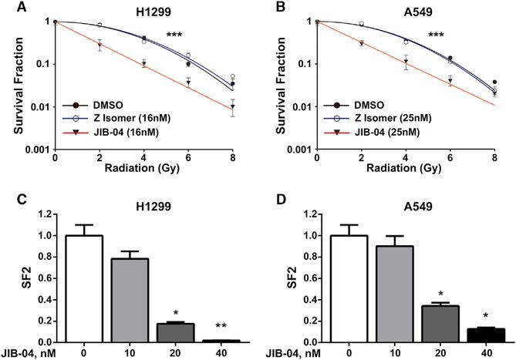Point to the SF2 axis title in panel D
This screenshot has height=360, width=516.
coord(275,277)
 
